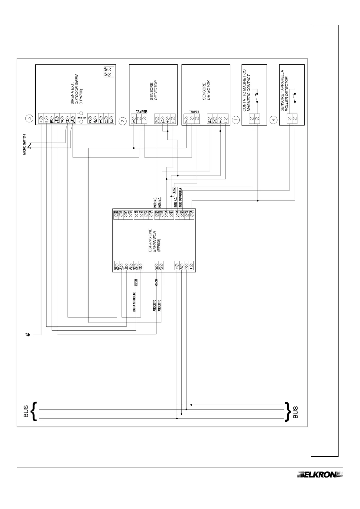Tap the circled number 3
pos(29,118)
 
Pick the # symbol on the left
pos(28,335)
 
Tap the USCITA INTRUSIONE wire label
pos(134,302)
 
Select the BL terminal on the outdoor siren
pos(52,122)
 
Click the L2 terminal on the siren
pos(111,122)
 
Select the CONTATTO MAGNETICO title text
pos(244,90)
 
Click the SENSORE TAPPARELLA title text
pos(282,90)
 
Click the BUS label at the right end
pos(296,412)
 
